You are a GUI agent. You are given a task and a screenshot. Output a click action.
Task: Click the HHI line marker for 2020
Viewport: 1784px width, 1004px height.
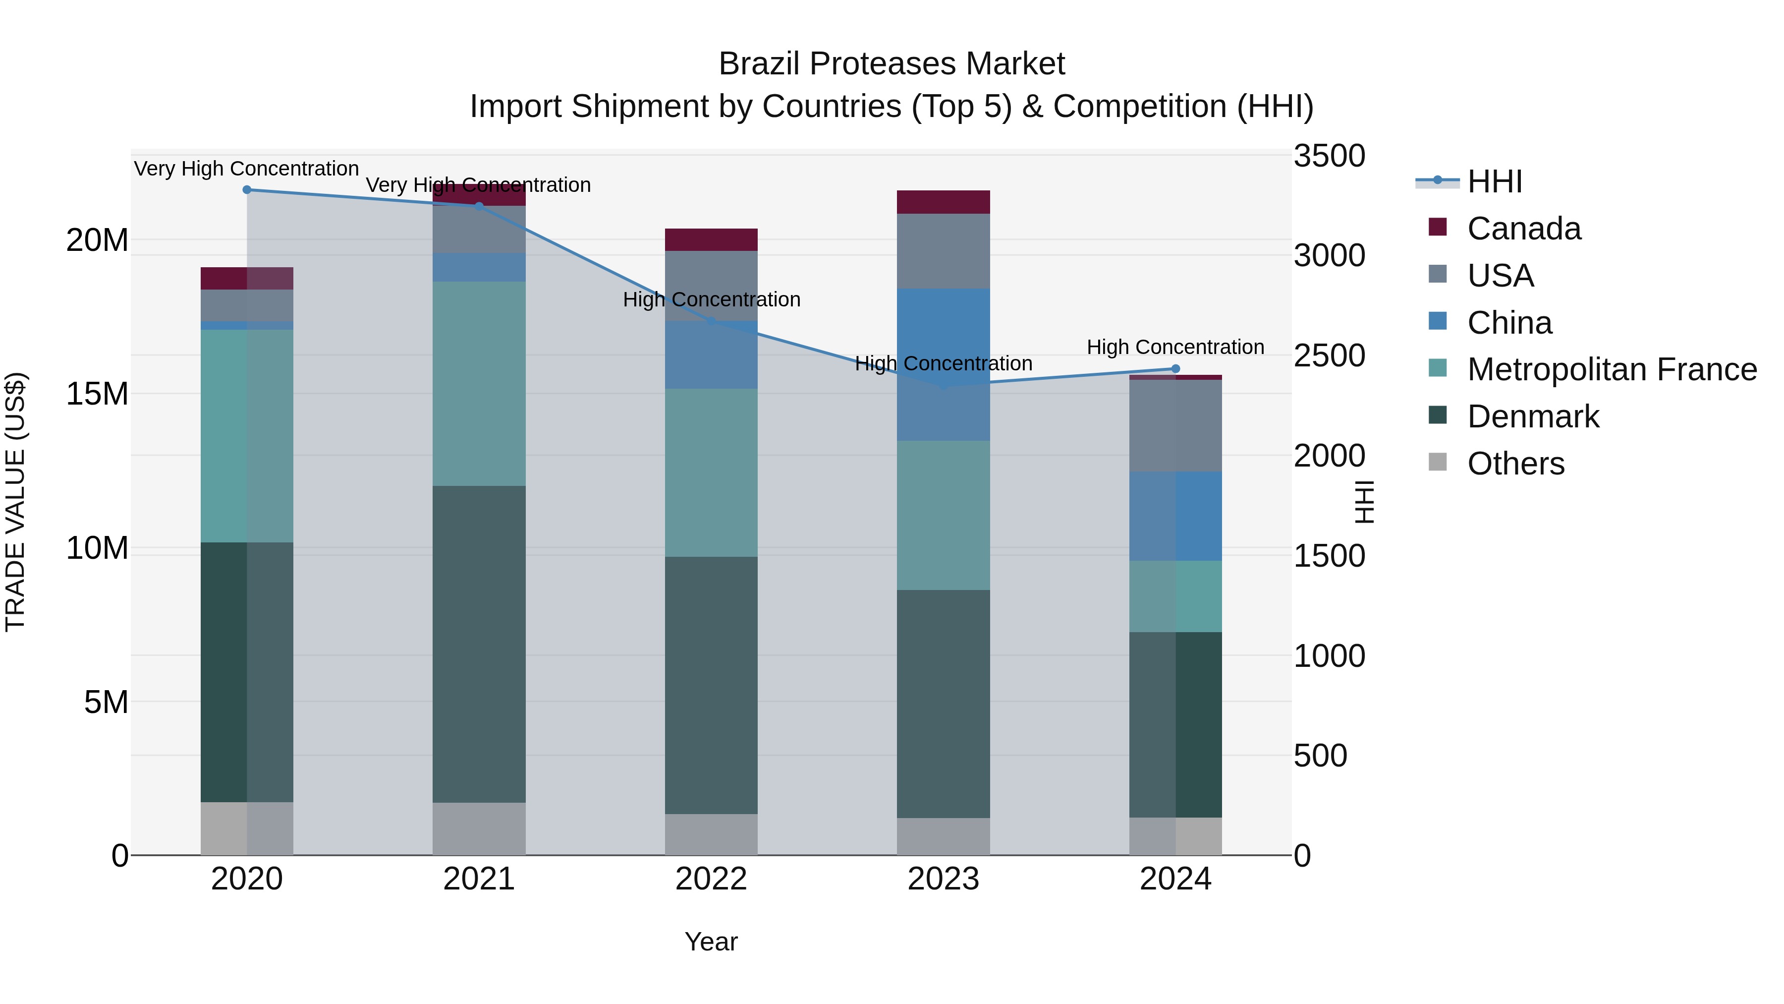(x=247, y=190)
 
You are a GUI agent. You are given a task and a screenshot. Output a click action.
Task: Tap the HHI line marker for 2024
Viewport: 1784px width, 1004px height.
(x=1175, y=368)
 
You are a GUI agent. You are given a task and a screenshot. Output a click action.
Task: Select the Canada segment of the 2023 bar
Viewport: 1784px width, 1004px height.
(x=943, y=202)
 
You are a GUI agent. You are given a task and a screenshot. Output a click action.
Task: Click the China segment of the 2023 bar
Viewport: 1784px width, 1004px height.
(x=943, y=364)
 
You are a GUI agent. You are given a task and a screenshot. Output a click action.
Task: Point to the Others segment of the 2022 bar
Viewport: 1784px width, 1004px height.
(x=711, y=834)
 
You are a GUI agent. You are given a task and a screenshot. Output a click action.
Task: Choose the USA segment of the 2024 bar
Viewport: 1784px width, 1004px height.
(x=1175, y=425)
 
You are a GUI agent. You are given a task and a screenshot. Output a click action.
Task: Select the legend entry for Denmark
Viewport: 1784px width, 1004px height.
(x=1533, y=416)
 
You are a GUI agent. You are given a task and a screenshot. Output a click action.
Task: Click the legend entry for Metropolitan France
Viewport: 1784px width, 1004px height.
(x=1612, y=369)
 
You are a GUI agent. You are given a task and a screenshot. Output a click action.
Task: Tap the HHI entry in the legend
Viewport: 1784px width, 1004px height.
(x=1495, y=181)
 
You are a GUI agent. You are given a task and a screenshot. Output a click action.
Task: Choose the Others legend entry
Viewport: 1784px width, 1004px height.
(x=1515, y=464)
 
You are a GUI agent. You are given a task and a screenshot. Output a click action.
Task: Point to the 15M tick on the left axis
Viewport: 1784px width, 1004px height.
(x=97, y=394)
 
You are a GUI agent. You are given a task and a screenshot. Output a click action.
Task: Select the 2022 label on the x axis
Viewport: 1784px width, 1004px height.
(x=711, y=879)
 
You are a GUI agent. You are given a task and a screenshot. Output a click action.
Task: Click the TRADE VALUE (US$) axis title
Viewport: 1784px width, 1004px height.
(x=15, y=502)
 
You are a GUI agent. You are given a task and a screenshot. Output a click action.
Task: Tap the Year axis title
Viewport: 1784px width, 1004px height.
(x=711, y=942)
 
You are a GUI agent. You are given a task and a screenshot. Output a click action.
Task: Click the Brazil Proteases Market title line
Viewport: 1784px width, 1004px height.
(x=892, y=64)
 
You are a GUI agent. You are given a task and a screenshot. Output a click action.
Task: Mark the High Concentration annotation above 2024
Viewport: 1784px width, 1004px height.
(x=1175, y=347)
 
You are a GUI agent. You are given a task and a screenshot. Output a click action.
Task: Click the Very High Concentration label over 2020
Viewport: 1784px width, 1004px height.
(x=247, y=169)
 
